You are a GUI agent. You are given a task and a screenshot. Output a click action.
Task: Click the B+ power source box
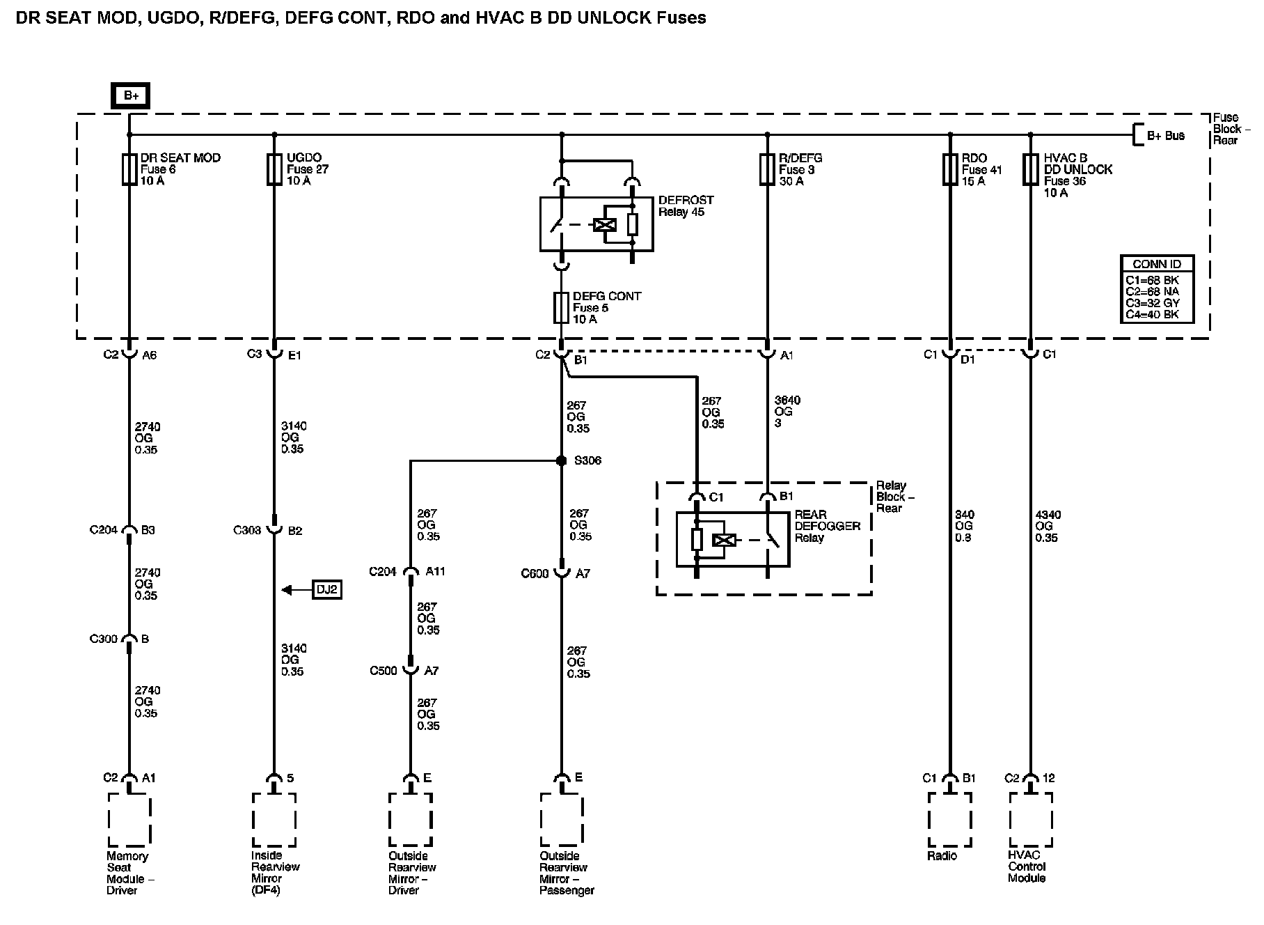(130, 95)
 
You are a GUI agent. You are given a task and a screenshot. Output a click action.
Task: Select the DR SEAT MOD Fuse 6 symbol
(129, 169)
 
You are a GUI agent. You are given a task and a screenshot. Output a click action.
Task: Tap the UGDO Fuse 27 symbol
(274, 169)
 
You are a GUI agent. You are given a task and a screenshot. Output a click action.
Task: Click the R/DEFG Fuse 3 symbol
(766, 169)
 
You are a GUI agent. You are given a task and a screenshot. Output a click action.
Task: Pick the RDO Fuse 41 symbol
(949, 169)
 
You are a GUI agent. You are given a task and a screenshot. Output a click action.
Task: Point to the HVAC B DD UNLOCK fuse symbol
(1030, 169)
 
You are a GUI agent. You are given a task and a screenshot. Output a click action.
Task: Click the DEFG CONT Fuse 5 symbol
(561, 307)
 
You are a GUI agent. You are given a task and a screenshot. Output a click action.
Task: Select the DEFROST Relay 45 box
(597, 224)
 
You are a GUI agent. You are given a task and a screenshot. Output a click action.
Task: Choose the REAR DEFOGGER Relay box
(733, 539)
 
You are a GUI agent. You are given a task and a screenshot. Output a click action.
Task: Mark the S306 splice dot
(561, 460)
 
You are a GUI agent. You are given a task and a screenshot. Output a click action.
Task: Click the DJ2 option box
(327, 590)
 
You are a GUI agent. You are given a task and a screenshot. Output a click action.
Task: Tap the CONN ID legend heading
(1157, 264)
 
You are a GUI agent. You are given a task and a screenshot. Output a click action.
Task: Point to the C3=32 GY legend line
(1152, 303)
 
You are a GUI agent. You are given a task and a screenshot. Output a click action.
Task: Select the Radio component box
(949, 819)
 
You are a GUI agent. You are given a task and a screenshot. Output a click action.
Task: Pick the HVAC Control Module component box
(1030, 819)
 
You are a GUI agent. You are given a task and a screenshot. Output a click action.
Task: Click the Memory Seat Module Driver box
(129, 819)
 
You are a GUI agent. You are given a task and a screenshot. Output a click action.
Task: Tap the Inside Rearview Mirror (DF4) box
(274, 819)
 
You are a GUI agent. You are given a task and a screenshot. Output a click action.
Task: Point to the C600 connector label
(535, 574)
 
